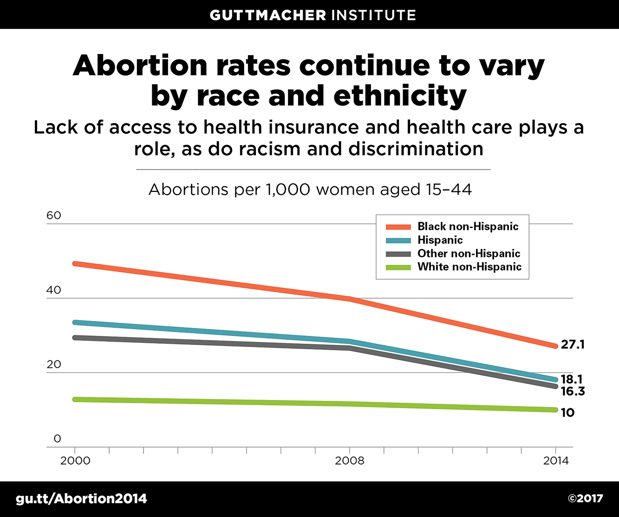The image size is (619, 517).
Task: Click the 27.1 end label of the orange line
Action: point(573,345)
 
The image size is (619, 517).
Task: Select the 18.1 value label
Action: point(572,380)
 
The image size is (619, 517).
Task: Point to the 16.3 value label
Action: point(573,392)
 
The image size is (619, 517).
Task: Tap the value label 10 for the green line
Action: point(567,412)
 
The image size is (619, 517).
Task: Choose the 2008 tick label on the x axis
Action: point(350,461)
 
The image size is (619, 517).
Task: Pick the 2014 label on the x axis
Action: point(555,461)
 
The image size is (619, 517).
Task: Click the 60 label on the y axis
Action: point(54,216)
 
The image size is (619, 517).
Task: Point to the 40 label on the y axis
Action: point(54,290)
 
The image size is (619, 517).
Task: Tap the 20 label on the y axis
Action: point(54,365)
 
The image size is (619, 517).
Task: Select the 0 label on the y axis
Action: point(57,439)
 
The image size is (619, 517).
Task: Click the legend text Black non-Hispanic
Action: point(468,227)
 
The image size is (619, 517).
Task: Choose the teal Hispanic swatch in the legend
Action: point(398,241)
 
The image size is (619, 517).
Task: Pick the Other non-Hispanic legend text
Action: point(469,254)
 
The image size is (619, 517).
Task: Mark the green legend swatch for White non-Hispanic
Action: point(398,267)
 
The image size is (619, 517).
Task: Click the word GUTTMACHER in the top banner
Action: point(268,15)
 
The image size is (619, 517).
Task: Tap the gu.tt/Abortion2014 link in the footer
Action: point(81,499)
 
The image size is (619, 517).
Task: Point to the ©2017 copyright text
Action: point(585,499)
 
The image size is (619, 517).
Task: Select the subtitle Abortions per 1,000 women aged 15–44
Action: point(310,190)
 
